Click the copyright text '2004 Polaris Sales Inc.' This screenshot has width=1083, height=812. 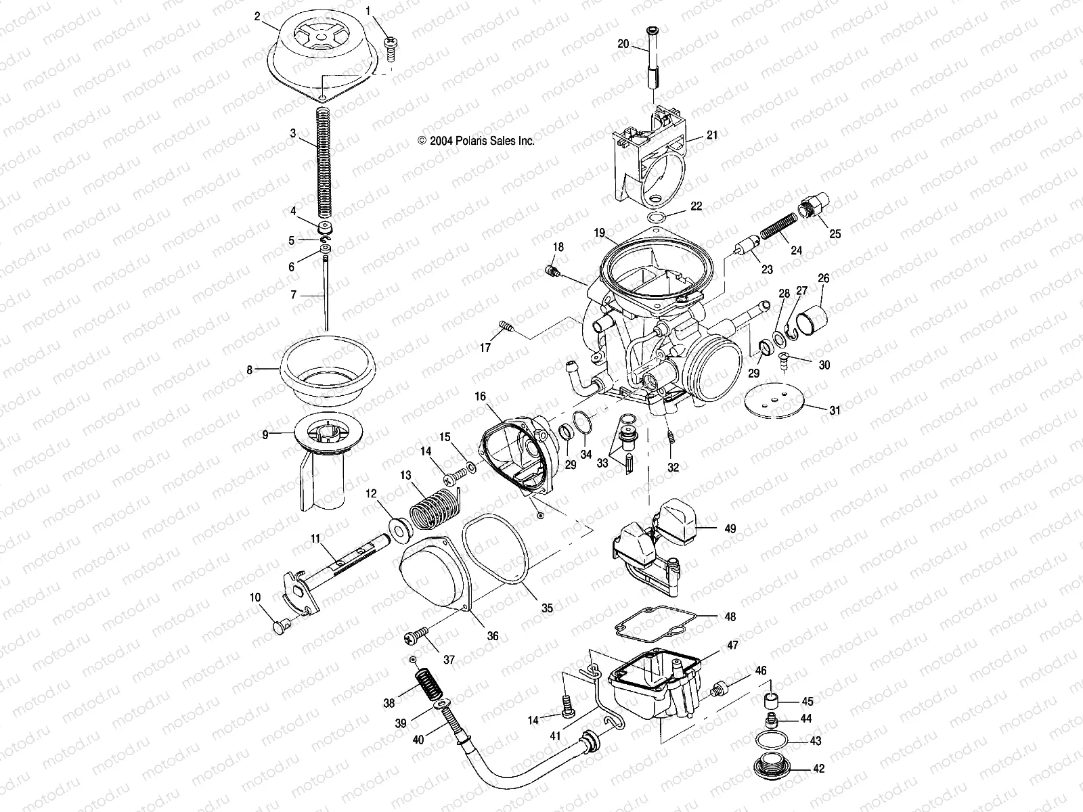[477, 141]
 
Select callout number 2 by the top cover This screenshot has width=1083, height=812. [257, 16]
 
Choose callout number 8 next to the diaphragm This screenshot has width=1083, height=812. [250, 370]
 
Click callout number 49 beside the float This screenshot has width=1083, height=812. [730, 528]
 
